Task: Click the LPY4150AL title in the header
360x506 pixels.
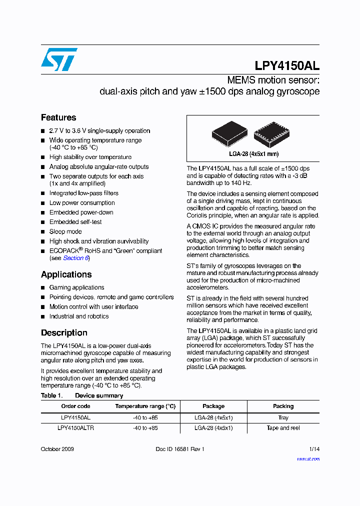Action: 287,66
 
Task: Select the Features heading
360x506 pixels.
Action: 58,117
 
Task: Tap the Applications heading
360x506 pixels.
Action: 66,274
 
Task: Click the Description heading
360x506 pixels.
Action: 64,333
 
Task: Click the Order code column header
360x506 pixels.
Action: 75,406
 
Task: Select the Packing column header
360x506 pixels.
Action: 283,406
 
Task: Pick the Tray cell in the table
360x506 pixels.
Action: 283,417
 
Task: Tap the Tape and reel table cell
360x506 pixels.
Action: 283,428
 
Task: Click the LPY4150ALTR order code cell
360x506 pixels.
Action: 75,428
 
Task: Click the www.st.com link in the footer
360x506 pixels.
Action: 308,458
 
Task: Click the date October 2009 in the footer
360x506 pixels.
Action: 57,449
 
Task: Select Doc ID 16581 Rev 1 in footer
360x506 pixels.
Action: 180,449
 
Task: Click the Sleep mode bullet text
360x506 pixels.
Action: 65,231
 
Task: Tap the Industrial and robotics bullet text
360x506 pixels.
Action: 78,316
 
